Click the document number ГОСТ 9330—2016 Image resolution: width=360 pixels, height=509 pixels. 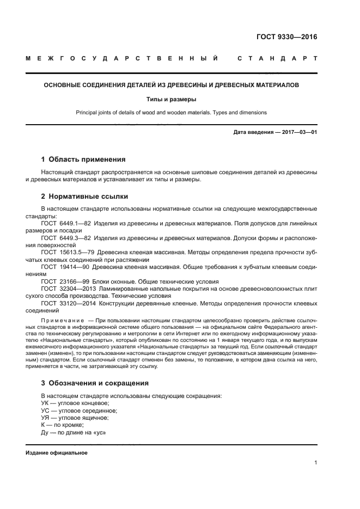[x=286, y=38]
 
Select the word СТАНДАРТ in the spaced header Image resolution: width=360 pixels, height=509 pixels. [x=278, y=58]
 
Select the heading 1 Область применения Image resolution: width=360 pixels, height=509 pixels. [x=83, y=160]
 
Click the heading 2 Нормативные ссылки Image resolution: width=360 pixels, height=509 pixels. [x=84, y=196]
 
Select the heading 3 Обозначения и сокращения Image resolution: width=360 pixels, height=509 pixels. [x=94, y=383]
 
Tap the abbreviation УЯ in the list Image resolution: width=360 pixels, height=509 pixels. [x=46, y=418]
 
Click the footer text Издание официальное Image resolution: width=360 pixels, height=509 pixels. [x=57, y=452]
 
